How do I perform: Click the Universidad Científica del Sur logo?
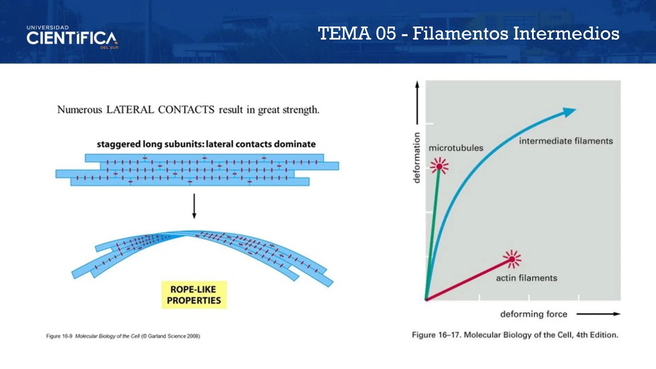pyautogui.click(x=72, y=37)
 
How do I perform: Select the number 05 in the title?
pyautogui.click(x=386, y=33)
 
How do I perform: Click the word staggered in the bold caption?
pyautogui.click(x=118, y=144)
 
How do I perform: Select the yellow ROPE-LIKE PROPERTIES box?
pyautogui.click(x=194, y=295)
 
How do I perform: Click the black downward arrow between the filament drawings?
pyautogui.click(x=194, y=206)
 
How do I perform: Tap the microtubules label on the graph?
pyautogui.click(x=456, y=148)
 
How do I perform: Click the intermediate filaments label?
pyautogui.click(x=566, y=141)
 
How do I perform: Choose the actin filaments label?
pyautogui.click(x=527, y=278)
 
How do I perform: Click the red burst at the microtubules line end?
pyautogui.click(x=439, y=166)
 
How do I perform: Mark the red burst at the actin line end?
pyautogui.click(x=512, y=259)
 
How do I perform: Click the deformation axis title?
pyautogui.click(x=417, y=158)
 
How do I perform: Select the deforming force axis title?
pyautogui.click(x=534, y=314)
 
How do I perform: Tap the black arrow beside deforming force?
pyautogui.click(x=598, y=314)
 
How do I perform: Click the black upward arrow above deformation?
pyautogui.click(x=417, y=102)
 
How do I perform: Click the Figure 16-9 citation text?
pyautogui.click(x=123, y=336)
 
